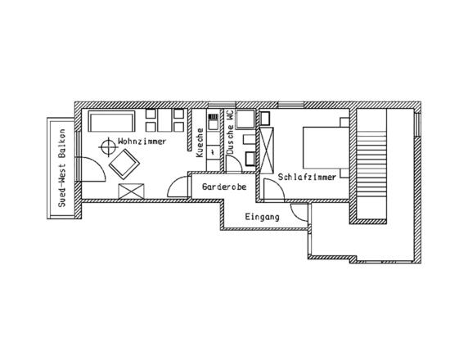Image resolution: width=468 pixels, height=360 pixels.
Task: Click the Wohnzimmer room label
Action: [x=142, y=142]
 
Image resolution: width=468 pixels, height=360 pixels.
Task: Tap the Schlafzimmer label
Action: [x=307, y=177]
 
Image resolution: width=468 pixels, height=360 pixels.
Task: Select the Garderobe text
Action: [x=224, y=187]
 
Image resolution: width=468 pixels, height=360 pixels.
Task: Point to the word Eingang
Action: [x=263, y=217]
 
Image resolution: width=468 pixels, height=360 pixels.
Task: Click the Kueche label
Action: [x=200, y=142]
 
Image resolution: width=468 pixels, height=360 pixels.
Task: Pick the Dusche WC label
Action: [x=230, y=132]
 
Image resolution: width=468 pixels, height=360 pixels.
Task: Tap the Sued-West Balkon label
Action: [x=62, y=168]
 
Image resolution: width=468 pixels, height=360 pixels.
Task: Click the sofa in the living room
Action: [x=111, y=121]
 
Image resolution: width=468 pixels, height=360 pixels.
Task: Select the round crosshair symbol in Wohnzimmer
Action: [x=108, y=147]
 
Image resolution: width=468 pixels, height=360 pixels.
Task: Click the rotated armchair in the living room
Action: [x=124, y=164]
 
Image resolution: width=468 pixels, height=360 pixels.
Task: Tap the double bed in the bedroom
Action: [x=326, y=148]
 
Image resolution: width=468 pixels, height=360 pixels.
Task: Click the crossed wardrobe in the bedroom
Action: [x=267, y=150]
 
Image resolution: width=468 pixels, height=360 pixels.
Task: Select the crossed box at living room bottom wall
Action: [x=132, y=191]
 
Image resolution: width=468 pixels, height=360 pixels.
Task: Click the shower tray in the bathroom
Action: [x=245, y=119]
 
